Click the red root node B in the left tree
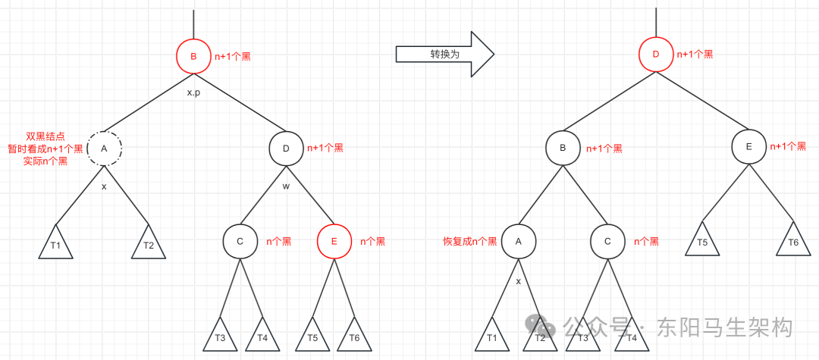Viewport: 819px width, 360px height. coord(193,56)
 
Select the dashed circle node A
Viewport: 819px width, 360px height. coord(104,149)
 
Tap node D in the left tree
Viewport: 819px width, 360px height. coord(286,149)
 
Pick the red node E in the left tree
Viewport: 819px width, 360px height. coord(334,242)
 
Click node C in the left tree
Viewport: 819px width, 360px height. coord(240,242)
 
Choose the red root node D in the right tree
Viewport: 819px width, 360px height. coord(656,55)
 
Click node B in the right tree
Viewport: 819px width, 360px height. coord(563,149)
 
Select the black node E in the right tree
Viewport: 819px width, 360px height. coord(748,147)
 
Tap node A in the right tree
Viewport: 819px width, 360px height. coord(519,242)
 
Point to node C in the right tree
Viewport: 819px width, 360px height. coord(607,242)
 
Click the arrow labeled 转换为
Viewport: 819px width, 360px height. coord(444,55)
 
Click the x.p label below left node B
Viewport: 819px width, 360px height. coord(193,92)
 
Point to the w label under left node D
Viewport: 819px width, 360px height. coord(286,186)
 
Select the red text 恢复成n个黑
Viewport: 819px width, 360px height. coord(470,242)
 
